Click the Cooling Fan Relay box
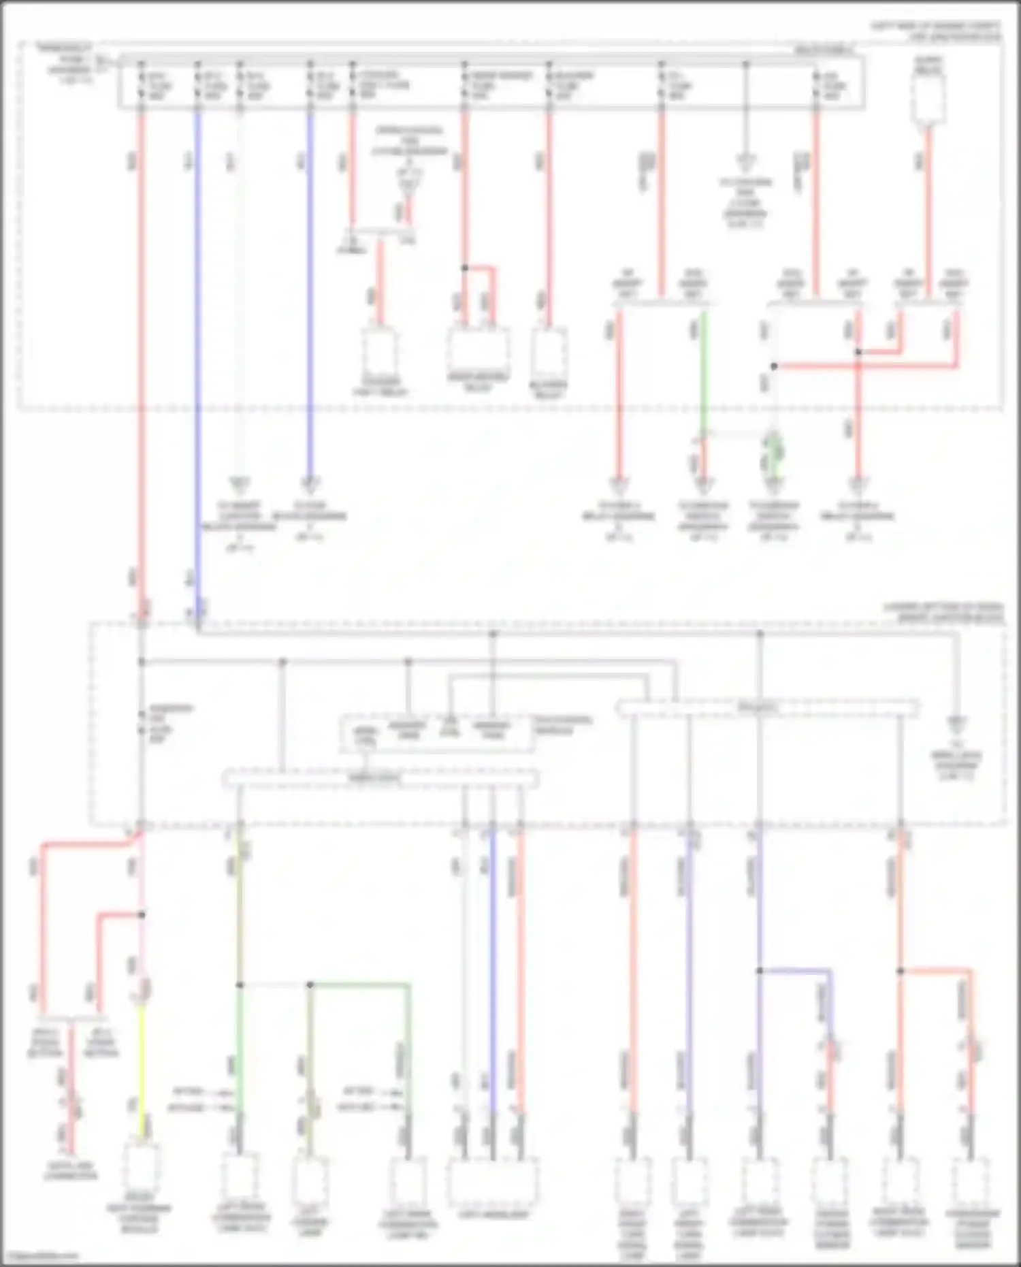(x=380, y=351)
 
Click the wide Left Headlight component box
(x=492, y=1182)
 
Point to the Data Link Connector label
(x=70, y=1170)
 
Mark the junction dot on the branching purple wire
(x=759, y=970)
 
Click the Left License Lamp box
(x=310, y=1181)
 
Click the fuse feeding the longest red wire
(x=142, y=86)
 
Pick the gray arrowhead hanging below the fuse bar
(x=746, y=161)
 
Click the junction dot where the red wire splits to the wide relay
(x=465, y=268)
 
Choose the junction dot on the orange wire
(x=900, y=971)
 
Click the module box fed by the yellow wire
(x=142, y=1168)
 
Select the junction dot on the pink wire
(x=142, y=915)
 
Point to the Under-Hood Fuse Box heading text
(x=936, y=31)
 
